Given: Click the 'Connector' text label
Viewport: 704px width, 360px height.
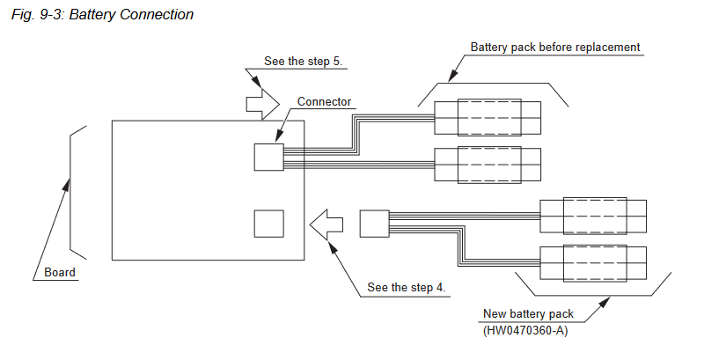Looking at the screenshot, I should point(324,101).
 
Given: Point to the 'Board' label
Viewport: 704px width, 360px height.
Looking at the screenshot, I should point(60,272).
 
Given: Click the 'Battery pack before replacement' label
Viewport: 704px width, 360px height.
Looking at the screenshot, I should point(554,47).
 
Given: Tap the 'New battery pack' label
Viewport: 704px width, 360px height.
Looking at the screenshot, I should point(528,314).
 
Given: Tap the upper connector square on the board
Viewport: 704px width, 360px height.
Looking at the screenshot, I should point(269,157).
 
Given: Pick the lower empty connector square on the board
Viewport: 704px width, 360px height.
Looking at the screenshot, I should point(269,224).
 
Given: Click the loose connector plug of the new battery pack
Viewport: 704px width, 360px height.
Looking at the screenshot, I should point(374,224).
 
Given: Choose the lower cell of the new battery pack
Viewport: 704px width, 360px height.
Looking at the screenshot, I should point(593,261).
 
